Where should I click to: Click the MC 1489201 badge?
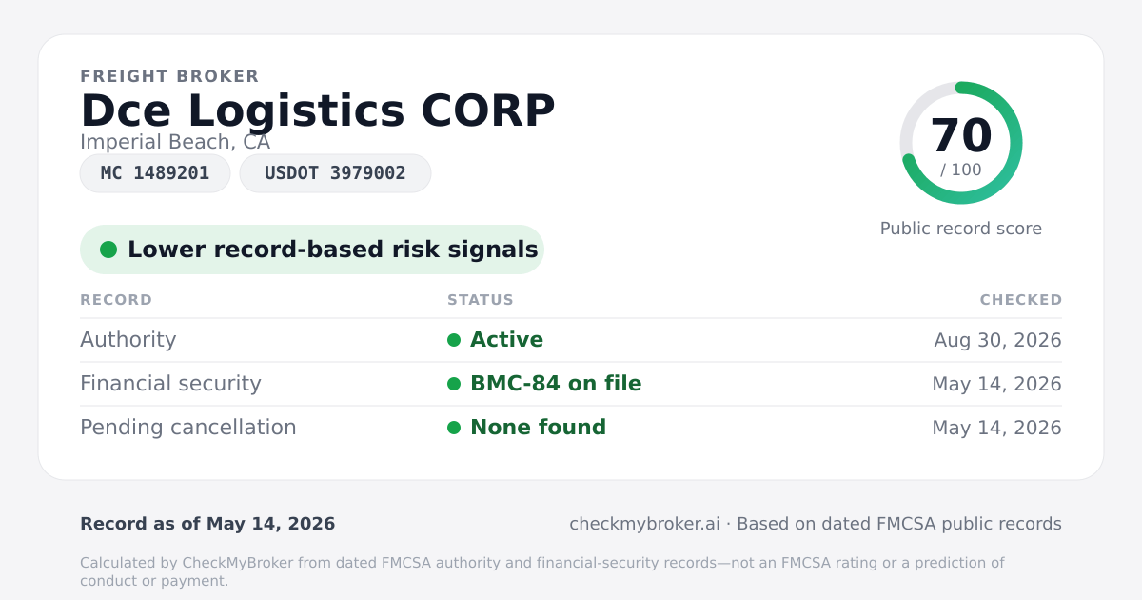[155, 173]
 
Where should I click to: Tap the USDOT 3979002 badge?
[335, 173]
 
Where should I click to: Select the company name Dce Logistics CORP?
[318, 111]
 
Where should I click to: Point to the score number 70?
[961, 135]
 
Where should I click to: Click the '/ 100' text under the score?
[961, 170]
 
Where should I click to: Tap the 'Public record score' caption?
[961, 229]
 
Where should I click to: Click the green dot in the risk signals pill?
[108, 250]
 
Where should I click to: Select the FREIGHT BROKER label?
[169, 76]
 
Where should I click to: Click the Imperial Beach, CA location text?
[175, 142]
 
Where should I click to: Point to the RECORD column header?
[116, 300]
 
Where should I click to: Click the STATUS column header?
[481, 300]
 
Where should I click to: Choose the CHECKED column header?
[1021, 300]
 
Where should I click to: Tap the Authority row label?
[128, 340]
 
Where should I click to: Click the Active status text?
[506, 340]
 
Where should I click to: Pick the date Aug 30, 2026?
[997, 340]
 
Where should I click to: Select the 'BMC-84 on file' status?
[556, 384]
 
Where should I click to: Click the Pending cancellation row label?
[188, 428]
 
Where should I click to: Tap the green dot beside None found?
[454, 428]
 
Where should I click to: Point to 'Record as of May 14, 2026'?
[207, 524]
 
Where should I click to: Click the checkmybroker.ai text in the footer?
[644, 524]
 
